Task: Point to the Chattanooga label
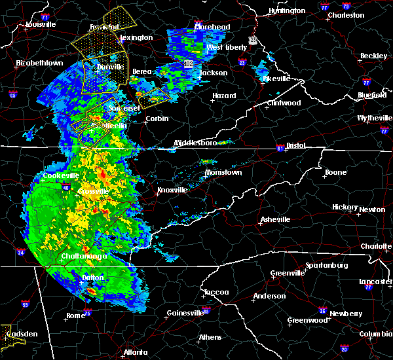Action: (x=86, y=257)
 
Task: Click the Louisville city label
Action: (x=41, y=24)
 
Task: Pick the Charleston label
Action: (x=346, y=15)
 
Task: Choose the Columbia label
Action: (x=375, y=334)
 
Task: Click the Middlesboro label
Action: (x=195, y=143)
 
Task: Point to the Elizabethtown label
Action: (x=39, y=63)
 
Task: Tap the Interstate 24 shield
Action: (x=20, y=252)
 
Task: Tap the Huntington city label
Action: (x=287, y=10)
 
